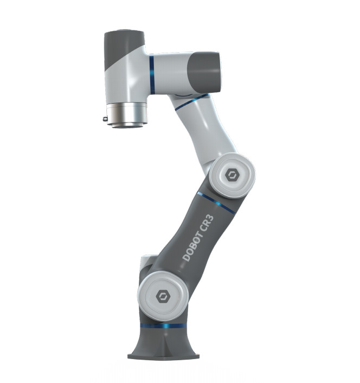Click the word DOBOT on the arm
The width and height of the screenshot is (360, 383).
pyautogui.click(x=193, y=246)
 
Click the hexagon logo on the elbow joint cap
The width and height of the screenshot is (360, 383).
pyautogui.click(x=231, y=175)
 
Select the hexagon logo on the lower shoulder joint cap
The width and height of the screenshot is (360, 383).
pyautogui.click(x=162, y=296)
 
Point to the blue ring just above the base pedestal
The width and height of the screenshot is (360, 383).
pyautogui.click(x=163, y=325)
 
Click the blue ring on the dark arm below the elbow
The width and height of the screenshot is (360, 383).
pyautogui.click(x=216, y=203)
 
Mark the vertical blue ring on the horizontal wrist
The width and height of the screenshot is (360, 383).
pyautogui.click(x=152, y=75)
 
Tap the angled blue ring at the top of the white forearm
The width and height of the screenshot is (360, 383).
pyautogui.click(x=191, y=102)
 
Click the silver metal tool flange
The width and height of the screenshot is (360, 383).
pyautogui.click(x=127, y=115)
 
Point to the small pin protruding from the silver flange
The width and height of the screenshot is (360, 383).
pyautogui.click(x=105, y=119)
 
